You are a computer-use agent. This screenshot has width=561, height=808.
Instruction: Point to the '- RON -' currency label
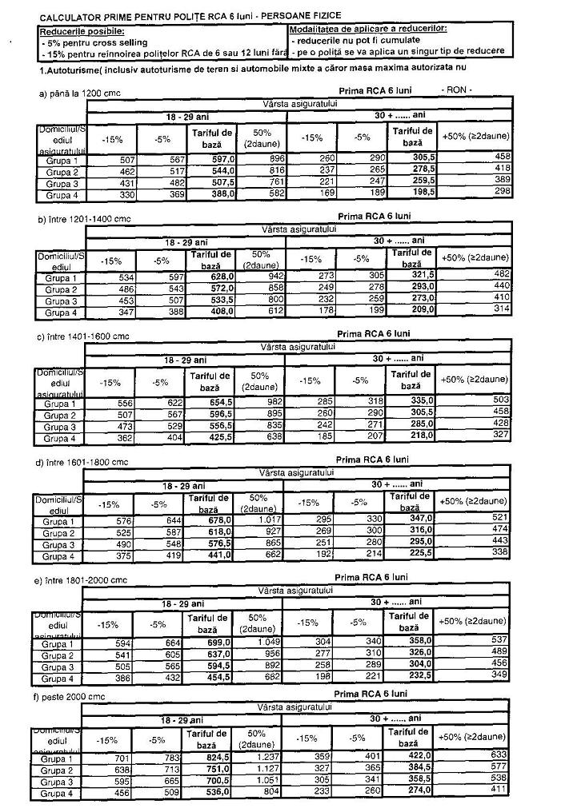[457, 91]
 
